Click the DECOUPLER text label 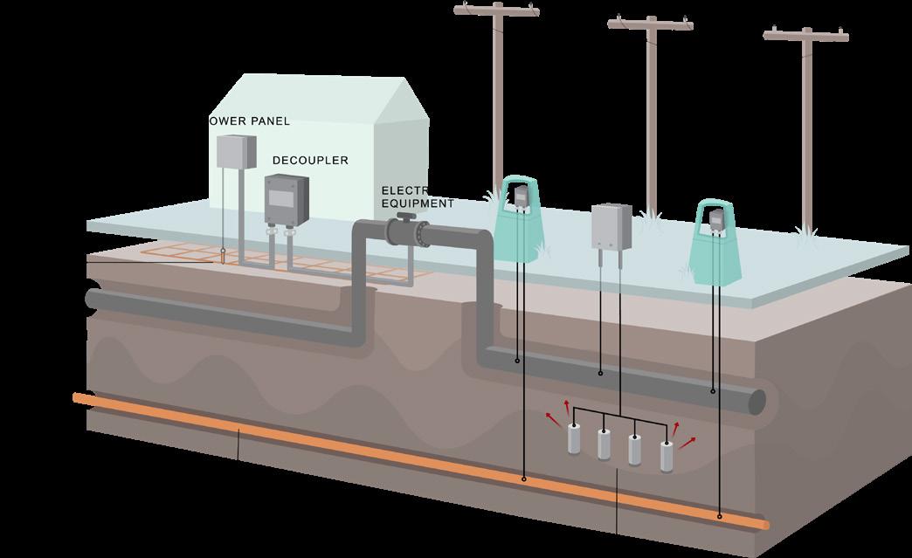pos(310,161)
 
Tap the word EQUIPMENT pos(418,203)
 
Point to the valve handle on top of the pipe pos(404,215)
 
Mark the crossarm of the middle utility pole pos(651,24)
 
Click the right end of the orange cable pos(766,524)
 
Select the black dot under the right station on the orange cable pos(720,516)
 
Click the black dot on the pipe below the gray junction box pos(600,374)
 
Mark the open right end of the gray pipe pos(757,402)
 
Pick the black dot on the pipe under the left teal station pos(516,360)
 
